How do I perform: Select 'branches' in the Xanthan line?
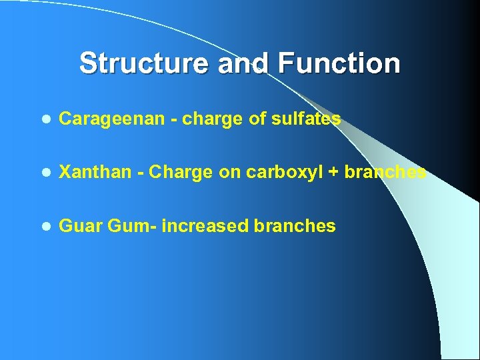[385, 173]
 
